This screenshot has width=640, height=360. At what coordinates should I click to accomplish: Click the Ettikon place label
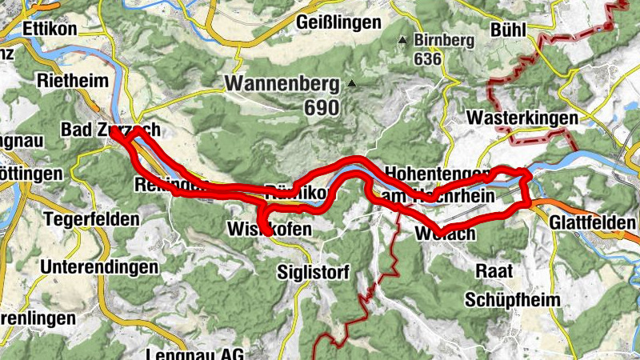50,28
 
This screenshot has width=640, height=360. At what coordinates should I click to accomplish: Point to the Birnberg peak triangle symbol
403,39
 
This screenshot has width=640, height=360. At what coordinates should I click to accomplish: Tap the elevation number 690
322,106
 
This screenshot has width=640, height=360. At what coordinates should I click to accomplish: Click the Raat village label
494,270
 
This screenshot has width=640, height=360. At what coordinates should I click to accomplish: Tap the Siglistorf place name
314,273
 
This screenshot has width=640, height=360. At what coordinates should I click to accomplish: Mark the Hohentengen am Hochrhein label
437,184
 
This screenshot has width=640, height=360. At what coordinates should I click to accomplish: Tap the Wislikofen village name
269,230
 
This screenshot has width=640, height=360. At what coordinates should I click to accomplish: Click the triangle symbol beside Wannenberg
350,82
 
